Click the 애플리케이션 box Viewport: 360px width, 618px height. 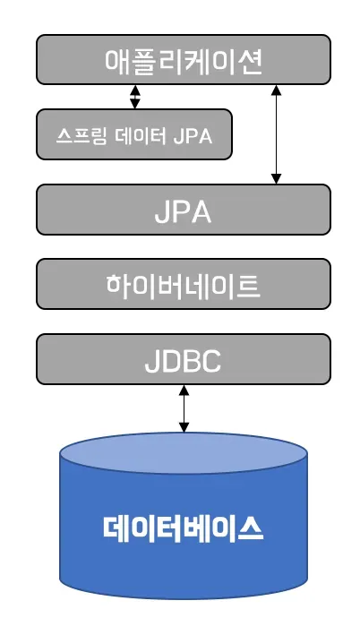[x=183, y=59]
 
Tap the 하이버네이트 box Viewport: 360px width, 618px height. [x=183, y=287]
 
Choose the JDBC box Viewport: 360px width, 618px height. [x=183, y=361]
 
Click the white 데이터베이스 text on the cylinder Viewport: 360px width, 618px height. [x=183, y=528]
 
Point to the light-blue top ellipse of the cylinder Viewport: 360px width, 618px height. [x=183, y=456]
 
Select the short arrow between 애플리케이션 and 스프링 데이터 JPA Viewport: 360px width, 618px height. [x=134, y=97]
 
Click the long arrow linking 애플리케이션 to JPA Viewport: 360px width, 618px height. [x=278, y=134]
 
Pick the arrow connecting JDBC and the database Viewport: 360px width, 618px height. [x=184, y=409]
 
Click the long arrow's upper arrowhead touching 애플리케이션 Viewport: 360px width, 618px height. [x=278, y=90]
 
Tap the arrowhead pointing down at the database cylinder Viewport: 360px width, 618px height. [x=184, y=427]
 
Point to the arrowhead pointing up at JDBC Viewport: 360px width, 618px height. [x=184, y=391]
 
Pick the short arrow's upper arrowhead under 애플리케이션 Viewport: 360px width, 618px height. [x=134, y=90]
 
